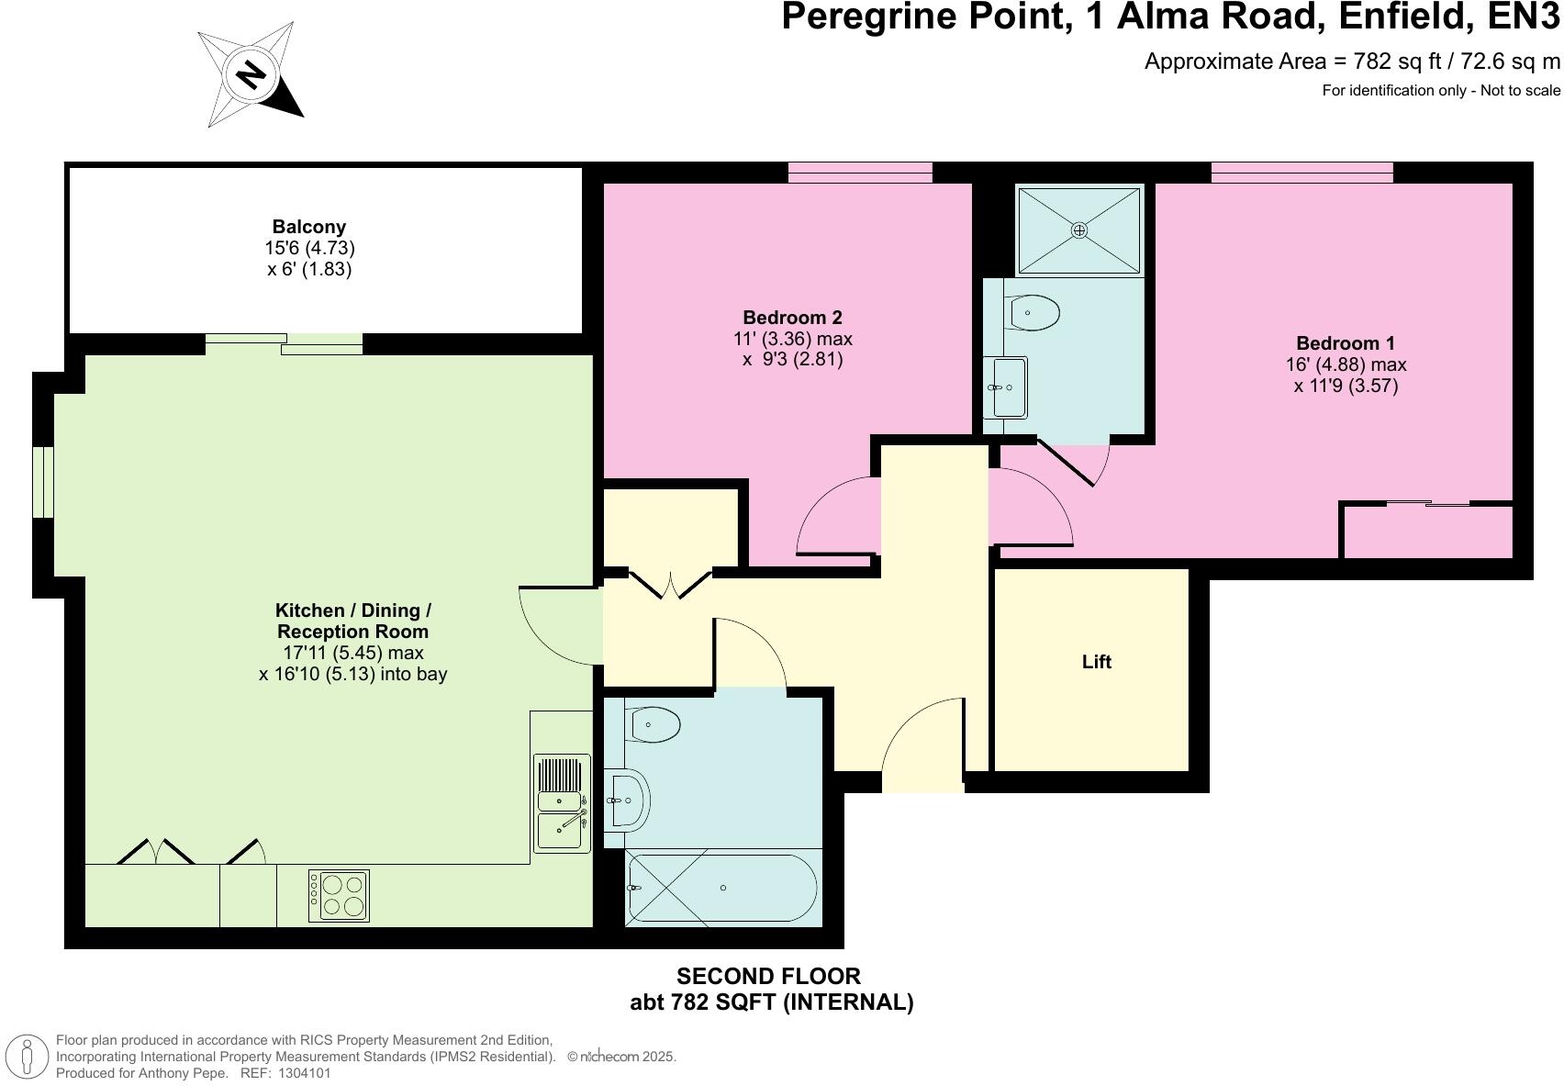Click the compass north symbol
(251, 73)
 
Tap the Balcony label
(309, 227)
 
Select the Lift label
(1096, 662)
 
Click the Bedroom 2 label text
(792, 318)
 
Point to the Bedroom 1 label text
(1346, 343)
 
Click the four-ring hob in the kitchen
(339, 895)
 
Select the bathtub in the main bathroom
(721, 888)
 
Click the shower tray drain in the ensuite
(1079, 230)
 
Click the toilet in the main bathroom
(654, 725)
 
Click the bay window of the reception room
(43, 482)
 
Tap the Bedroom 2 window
(860, 172)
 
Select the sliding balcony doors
(284, 344)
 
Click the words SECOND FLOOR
(768, 976)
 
